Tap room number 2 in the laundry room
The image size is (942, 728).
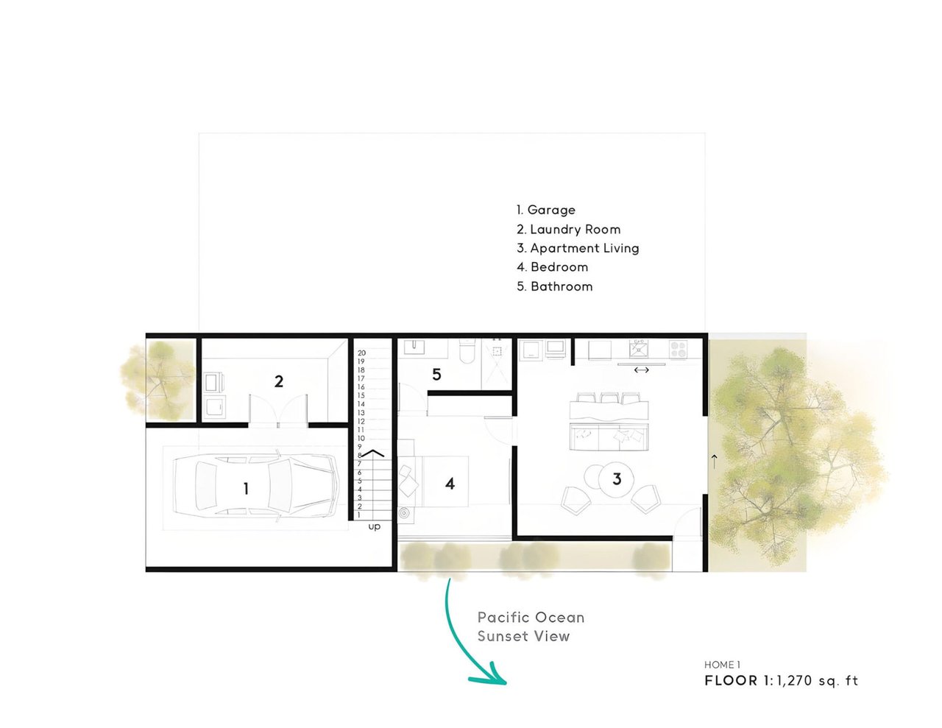click(279, 381)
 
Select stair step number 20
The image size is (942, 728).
click(361, 353)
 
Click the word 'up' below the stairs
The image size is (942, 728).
click(374, 527)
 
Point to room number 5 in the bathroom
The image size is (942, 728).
click(436, 374)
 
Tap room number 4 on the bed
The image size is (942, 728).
click(450, 484)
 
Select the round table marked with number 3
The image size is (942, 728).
click(616, 479)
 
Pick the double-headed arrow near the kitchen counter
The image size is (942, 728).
click(641, 370)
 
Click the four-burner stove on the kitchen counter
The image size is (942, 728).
click(678, 350)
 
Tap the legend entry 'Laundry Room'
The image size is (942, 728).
click(569, 229)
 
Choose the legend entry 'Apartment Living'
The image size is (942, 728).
click(578, 248)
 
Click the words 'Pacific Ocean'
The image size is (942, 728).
click(531, 618)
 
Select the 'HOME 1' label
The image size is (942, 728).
click(722, 665)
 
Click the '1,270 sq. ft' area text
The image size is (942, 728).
click(818, 681)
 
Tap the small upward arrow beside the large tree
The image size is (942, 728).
click(715, 462)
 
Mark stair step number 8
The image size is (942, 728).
click(359, 455)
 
